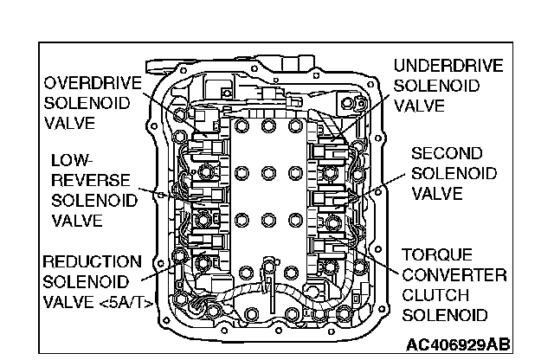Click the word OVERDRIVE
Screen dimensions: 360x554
click(88, 83)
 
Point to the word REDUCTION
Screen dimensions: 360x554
click(93, 261)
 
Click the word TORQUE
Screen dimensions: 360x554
click(437, 256)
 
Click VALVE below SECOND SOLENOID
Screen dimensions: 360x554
click(436, 193)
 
